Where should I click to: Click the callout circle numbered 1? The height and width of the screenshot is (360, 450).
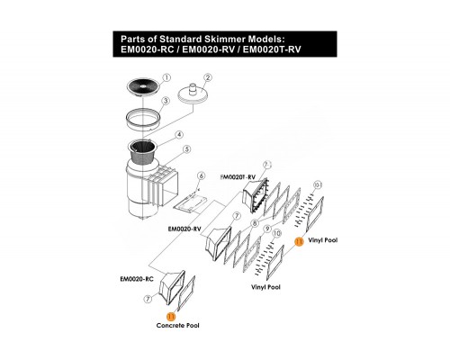click(166, 77)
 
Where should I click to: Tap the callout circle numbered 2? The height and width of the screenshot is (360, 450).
click(207, 77)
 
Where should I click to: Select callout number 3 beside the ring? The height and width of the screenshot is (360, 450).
click(166, 101)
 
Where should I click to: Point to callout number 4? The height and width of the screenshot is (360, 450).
click(179, 135)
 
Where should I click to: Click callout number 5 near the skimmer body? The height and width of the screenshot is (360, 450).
click(187, 148)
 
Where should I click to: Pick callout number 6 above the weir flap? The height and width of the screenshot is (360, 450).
click(202, 175)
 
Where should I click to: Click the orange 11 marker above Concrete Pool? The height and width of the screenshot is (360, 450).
click(171, 317)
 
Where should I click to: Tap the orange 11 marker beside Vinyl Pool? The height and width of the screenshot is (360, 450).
click(299, 241)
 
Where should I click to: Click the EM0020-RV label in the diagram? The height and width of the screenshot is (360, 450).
click(184, 229)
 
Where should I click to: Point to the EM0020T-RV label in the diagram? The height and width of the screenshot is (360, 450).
click(238, 177)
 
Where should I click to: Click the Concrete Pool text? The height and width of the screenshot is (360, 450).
click(177, 326)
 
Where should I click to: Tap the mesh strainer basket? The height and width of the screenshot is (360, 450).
click(143, 153)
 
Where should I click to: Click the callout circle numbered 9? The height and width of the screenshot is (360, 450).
click(266, 229)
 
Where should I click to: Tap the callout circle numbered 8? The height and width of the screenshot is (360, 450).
click(255, 223)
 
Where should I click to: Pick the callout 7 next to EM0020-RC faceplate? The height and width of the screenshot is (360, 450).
click(148, 299)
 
